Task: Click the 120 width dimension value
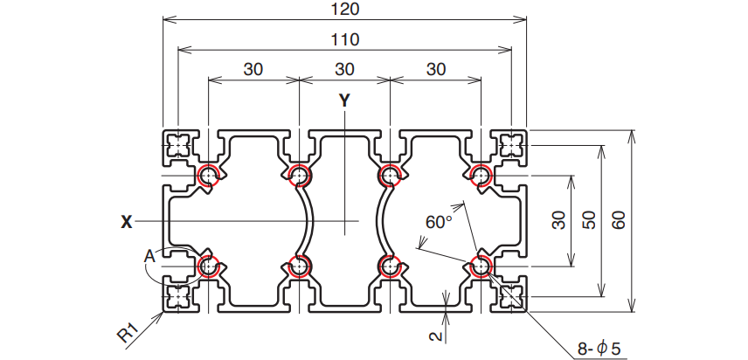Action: (345, 10)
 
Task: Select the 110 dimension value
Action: (345, 39)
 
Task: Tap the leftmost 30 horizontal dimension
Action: (253, 69)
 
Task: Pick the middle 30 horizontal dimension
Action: (344, 69)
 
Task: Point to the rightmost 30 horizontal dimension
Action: (434, 69)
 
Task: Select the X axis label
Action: (127, 222)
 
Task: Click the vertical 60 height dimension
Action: (620, 220)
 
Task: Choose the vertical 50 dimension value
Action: (588, 220)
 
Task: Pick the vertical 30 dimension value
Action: (559, 220)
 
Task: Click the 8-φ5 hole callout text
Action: (600, 348)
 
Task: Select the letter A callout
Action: (149, 256)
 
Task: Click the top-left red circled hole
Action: (208, 176)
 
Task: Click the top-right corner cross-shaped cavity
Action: (509, 143)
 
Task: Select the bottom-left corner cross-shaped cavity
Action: (179, 297)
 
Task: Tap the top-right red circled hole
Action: (480, 176)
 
